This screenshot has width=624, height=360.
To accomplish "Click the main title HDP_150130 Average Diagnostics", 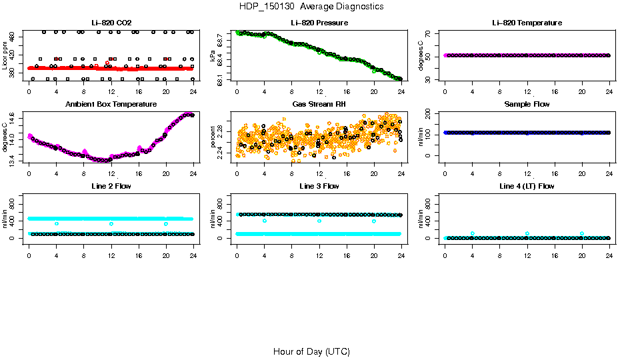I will pos(311,7).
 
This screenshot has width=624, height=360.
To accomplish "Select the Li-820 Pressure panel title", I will pos(319,23).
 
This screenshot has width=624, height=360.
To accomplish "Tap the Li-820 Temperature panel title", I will pos(527,23).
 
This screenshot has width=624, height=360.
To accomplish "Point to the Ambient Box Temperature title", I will pos(111,105).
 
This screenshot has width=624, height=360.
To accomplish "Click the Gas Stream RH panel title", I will pos(319,105).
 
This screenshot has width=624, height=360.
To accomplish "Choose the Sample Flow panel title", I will pos(527,105).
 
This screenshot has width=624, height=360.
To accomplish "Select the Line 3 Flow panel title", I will pos(319,186).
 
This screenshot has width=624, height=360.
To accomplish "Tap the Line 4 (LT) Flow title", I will pos(527,186).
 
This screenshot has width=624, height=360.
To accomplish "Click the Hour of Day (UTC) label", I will pos(311,351).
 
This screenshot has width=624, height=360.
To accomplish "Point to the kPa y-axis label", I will pos(213,56).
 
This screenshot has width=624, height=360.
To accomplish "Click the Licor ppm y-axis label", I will pos(5,56).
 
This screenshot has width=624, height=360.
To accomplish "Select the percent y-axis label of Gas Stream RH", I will pos(213,137).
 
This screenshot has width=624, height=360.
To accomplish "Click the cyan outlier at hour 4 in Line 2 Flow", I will pos(57,223).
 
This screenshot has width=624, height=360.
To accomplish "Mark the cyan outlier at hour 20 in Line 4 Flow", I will pos(582,233).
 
